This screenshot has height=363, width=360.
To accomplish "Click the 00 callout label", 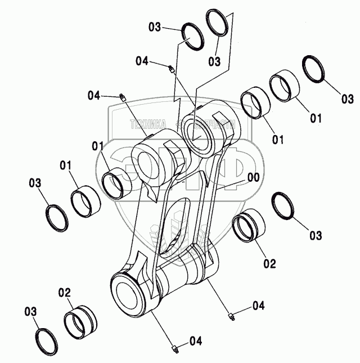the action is click(x=253, y=177).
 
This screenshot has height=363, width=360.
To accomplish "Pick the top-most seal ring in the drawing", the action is click(x=219, y=24).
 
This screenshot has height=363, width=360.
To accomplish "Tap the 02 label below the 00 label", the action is click(x=270, y=262).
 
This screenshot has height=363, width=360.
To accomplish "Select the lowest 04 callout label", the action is click(x=195, y=340).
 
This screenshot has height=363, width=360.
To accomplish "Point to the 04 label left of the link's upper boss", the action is click(x=94, y=96).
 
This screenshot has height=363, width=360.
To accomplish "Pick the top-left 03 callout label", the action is click(x=155, y=26).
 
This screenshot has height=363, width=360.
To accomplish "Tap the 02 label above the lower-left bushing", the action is click(x=64, y=292).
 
